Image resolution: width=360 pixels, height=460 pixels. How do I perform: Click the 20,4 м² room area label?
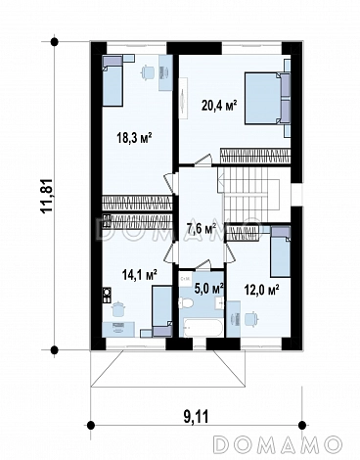pos(219,106)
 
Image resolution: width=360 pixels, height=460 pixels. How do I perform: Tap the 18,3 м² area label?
pos(135,139)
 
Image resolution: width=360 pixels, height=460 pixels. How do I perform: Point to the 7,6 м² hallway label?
pos(202,229)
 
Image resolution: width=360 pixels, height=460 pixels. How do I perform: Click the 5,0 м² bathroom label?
pos(208,288)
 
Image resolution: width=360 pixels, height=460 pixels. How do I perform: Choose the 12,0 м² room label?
pos(261,289)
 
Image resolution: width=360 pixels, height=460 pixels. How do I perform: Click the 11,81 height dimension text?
pos(47,196)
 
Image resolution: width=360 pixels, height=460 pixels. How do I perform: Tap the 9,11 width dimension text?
pos(195,417)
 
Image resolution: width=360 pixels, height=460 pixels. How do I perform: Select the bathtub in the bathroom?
pos(202,328)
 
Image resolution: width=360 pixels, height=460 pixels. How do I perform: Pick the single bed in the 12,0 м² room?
pos(281,253)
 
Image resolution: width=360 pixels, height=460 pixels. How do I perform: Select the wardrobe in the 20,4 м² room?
pos(255,156)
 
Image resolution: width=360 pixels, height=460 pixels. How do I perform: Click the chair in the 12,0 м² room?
pos(251,318)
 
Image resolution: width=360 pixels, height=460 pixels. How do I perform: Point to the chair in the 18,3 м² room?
pos(148,71)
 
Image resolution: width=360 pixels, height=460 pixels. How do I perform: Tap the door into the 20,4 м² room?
pos(203,160)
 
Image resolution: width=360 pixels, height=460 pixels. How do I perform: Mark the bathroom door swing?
pos(202,264)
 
